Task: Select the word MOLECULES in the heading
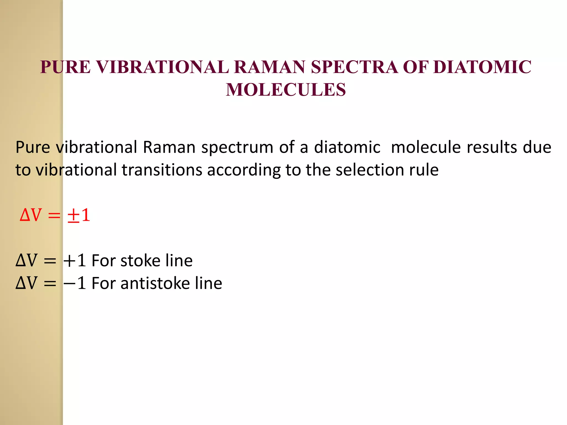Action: (x=286, y=90)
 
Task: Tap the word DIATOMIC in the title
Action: (x=482, y=67)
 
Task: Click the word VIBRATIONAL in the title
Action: (x=162, y=67)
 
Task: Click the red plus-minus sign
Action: (x=73, y=216)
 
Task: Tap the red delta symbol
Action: (x=25, y=215)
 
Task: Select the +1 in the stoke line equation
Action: (x=74, y=261)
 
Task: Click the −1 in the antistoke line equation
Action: (x=74, y=283)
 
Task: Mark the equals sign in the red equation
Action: (x=54, y=216)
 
